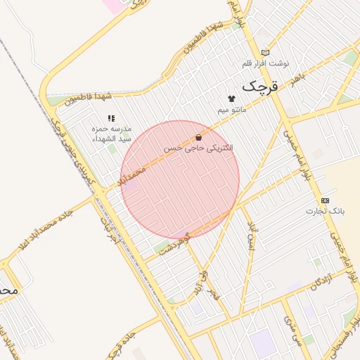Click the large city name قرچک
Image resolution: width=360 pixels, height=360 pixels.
point(260,86)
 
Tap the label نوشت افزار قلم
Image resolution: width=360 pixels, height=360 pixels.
point(266,63)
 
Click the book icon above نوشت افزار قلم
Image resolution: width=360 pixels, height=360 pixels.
point(265,52)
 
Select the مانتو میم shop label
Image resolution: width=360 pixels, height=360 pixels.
point(231,110)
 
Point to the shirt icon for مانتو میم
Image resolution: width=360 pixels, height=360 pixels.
point(231,98)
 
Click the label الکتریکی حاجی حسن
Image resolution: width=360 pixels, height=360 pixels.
point(199,149)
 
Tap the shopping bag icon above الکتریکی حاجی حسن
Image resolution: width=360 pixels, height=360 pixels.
point(199,138)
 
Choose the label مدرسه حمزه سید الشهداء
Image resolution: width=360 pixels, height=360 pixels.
point(110,134)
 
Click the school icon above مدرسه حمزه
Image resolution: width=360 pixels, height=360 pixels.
point(110,119)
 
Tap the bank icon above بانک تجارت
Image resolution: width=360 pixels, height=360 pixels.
point(325,200)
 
